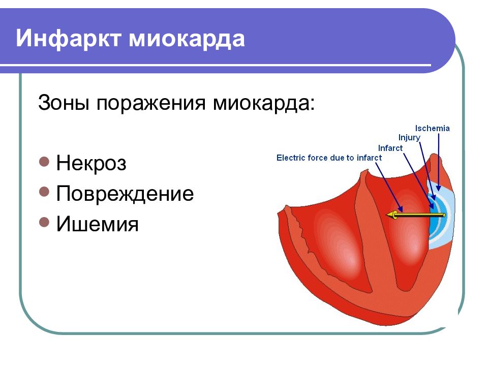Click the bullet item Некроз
click(91, 164)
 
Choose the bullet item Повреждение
click(125, 194)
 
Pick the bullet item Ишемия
click(97, 224)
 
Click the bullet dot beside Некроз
click(44, 163)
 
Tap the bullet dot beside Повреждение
click(44, 193)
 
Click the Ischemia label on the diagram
click(432, 128)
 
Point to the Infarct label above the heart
click(390, 148)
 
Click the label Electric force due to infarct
click(329, 158)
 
